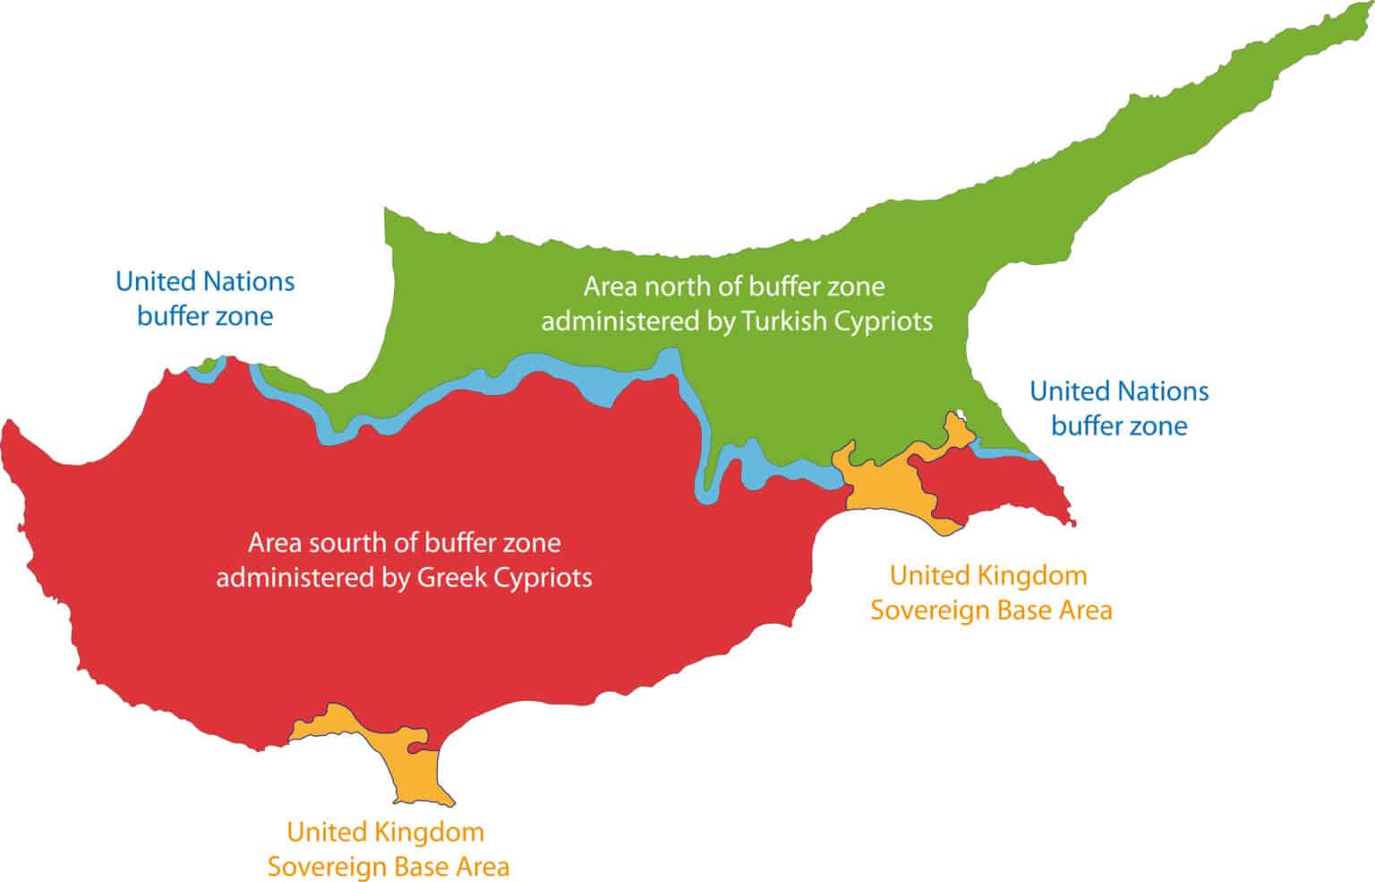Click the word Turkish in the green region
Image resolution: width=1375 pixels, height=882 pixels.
click(x=784, y=321)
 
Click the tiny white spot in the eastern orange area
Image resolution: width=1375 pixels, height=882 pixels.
click(x=961, y=414)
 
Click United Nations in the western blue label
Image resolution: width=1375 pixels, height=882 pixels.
click(x=205, y=281)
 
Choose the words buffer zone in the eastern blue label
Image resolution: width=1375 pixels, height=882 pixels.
click(x=1119, y=425)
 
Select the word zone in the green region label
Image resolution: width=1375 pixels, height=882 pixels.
click(x=855, y=287)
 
